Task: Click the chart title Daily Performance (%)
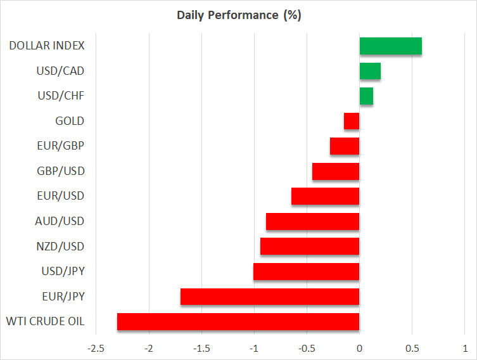pos(239,15)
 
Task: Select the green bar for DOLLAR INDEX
pos(391,46)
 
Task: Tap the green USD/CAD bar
pos(370,71)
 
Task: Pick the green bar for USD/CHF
pos(366,96)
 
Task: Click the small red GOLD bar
pos(352,121)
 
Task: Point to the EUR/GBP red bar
pos(345,146)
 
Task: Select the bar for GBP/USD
pos(336,171)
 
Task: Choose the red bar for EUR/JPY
pos(270,297)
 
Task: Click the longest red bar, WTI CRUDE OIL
pos(238,322)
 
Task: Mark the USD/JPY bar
pos(307,271)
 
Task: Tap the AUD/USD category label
pos(60,221)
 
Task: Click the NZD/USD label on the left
pos(60,246)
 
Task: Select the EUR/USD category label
pos(61,196)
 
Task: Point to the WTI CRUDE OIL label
pos(46,321)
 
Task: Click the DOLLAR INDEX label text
pos(47,46)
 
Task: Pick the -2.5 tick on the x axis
pos(96,349)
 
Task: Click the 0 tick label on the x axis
pos(360,349)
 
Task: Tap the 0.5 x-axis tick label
pos(412,349)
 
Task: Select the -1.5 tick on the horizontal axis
pos(201,349)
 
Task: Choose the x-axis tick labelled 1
pos(465,349)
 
